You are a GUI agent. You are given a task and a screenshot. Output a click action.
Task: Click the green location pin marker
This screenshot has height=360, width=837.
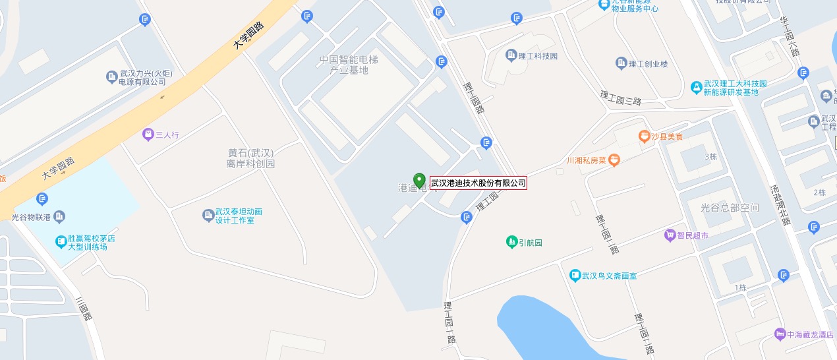tap(419, 180)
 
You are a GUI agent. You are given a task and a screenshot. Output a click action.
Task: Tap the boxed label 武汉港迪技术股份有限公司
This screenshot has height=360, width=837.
tap(478, 183)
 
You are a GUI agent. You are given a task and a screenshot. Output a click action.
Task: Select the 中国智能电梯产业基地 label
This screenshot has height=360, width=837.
tap(349, 65)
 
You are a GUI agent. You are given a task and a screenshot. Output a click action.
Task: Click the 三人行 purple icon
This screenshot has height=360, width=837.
tap(148, 135)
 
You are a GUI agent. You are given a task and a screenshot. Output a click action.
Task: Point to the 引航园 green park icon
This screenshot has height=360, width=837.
tap(511, 242)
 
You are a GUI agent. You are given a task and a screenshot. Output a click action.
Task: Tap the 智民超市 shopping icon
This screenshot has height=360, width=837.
tap(670, 235)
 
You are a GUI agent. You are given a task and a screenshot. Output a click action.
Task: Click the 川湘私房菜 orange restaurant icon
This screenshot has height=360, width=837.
tap(614, 159)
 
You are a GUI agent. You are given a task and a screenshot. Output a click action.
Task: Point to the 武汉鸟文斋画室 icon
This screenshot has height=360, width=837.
tap(575, 275)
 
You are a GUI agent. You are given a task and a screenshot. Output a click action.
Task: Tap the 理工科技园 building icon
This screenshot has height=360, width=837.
tap(511, 55)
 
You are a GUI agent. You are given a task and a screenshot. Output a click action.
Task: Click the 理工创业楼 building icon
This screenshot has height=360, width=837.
tap(621, 63)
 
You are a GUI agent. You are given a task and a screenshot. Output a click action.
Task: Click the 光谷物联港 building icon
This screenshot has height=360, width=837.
tap(59, 216)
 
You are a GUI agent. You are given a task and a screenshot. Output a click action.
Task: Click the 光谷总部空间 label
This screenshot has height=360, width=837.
tap(730, 208)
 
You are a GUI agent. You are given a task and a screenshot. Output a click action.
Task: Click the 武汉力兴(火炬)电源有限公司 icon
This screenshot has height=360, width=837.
tap(111, 78)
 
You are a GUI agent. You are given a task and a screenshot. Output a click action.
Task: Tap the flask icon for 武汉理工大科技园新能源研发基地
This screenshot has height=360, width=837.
tap(696, 87)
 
